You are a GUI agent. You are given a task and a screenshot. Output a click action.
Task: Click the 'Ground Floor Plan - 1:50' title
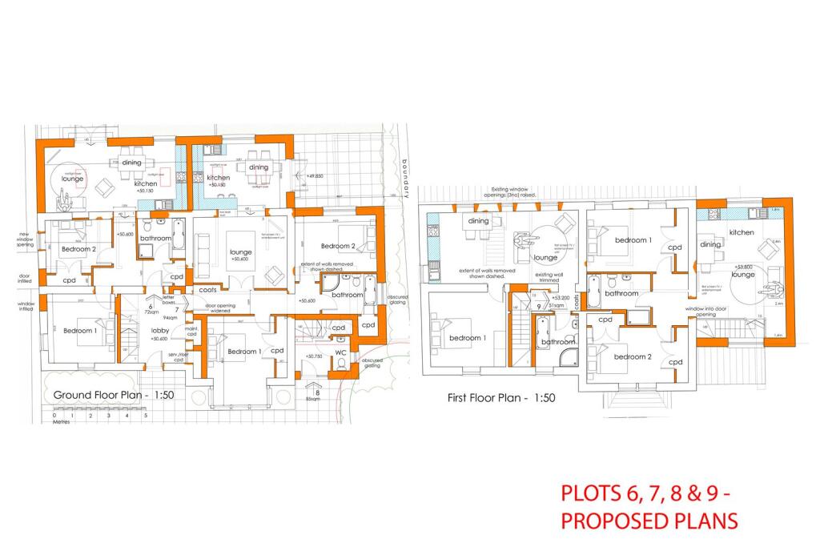click(114, 395)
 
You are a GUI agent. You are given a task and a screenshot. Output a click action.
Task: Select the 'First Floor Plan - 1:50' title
click(501, 397)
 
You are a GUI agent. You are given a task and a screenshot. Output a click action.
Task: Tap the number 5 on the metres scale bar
click(145, 416)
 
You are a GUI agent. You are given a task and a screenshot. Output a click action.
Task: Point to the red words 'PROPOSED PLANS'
click(649, 521)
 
